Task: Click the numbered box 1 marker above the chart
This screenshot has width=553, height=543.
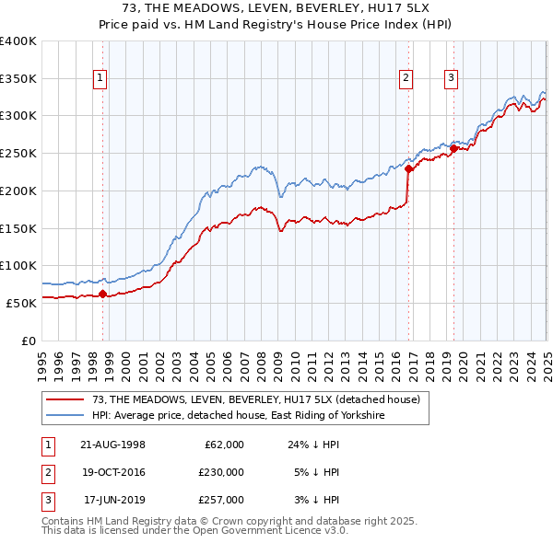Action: pyautogui.click(x=100, y=78)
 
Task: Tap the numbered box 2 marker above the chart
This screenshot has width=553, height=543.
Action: pyautogui.click(x=406, y=78)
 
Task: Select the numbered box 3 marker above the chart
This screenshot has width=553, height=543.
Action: pyautogui.click(x=451, y=78)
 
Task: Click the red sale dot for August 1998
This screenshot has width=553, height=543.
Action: pyautogui.click(x=102, y=295)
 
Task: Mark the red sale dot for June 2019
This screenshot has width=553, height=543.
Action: pyautogui.click(x=453, y=148)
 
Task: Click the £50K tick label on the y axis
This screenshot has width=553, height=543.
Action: pyautogui.click(x=19, y=303)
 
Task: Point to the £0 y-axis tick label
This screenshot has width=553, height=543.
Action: pyautogui.click(x=28, y=341)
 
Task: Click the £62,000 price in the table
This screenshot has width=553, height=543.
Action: pyautogui.click(x=223, y=445)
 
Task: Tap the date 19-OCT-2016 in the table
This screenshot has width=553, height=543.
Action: pyautogui.click(x=114, y=472)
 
